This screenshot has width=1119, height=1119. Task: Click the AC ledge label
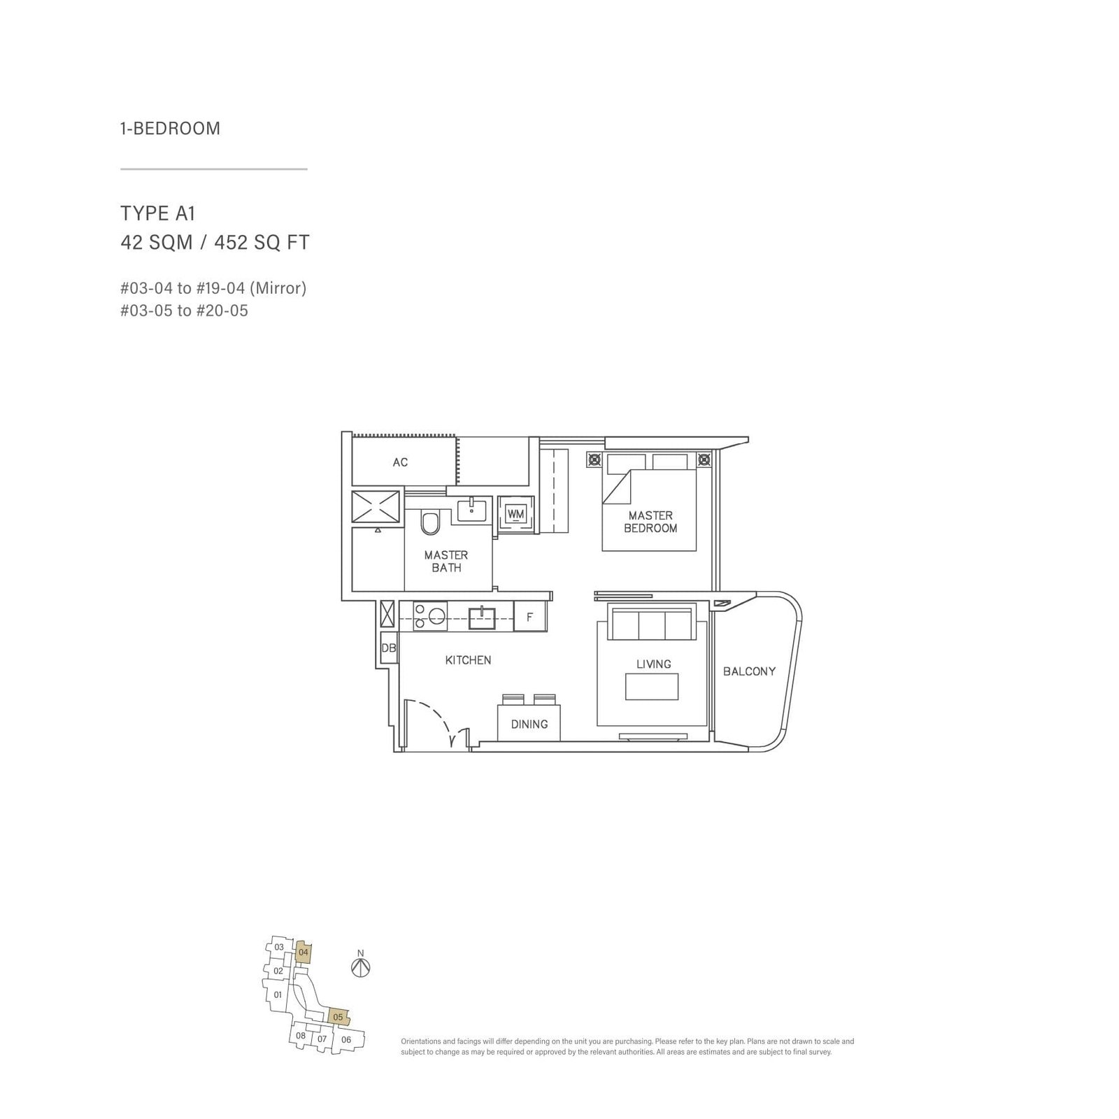point(400,462)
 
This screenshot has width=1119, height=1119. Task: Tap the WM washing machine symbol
point(516,514)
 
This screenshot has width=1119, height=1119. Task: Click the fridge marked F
point(529,617)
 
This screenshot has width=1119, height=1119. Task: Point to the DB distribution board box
point(389,648)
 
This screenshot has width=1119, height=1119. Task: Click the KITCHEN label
point(468,660)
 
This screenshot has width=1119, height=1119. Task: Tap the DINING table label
point(529,724)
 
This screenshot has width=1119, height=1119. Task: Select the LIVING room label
point(653,664)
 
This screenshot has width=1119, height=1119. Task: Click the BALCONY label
point(749,671)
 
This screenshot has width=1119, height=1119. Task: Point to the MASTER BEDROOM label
point(650,522)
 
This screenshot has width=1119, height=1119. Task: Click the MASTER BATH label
point(446,561)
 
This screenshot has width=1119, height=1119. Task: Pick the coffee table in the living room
point(652,686)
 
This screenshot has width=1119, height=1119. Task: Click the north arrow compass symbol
point(361,968)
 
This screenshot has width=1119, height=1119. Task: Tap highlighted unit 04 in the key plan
point(304,952)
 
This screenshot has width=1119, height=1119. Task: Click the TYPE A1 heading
point(157,213)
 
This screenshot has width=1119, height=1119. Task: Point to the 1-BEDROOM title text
point(170,129)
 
